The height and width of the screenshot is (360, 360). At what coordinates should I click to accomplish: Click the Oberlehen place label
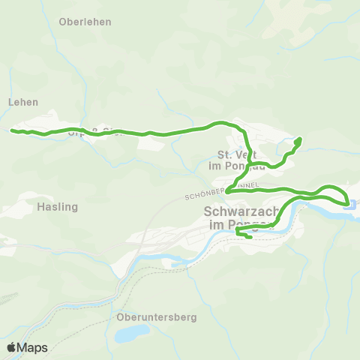point(85,22)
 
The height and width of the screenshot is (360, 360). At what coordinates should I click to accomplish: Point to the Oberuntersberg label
point(157,317)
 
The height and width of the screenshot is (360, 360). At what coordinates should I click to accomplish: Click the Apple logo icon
point(11,347)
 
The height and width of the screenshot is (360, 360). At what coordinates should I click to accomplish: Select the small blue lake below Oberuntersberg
point(130,331)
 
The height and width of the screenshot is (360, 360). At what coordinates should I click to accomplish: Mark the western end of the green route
point(12,130)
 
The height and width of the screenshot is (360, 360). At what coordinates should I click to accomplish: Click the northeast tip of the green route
point(298,139)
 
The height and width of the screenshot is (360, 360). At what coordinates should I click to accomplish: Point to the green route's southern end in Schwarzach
point(249,238)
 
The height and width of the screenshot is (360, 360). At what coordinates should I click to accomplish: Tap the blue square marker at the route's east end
point(349,202)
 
